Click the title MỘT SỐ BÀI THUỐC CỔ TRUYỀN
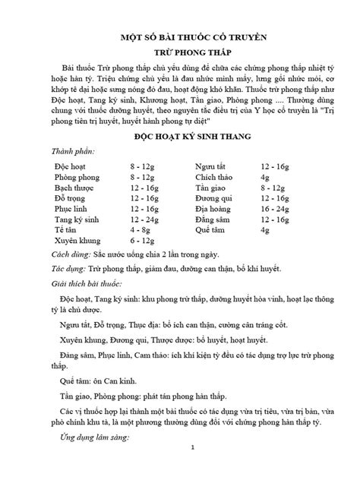coord(180,36)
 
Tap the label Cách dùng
coord(68,254)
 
